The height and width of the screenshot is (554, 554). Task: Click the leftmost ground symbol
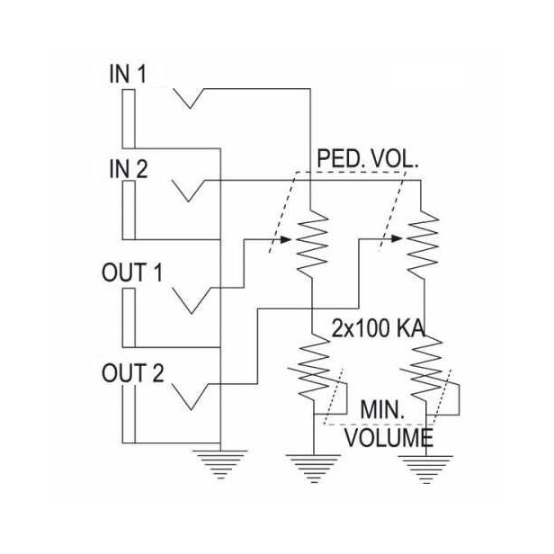219,463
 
